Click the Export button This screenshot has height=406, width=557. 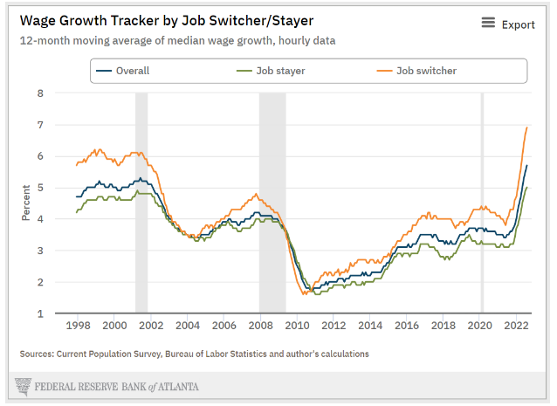point(508,24)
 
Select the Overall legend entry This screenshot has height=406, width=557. point(133,71)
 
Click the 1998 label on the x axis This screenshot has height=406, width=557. point(78,326)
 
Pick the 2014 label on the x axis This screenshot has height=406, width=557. point(370,326)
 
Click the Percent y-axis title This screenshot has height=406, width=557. point(26,203)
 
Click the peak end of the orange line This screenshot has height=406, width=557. point(526,127)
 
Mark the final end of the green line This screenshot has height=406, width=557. point(526,188)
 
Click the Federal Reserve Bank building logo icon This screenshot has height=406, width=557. point(24,385)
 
